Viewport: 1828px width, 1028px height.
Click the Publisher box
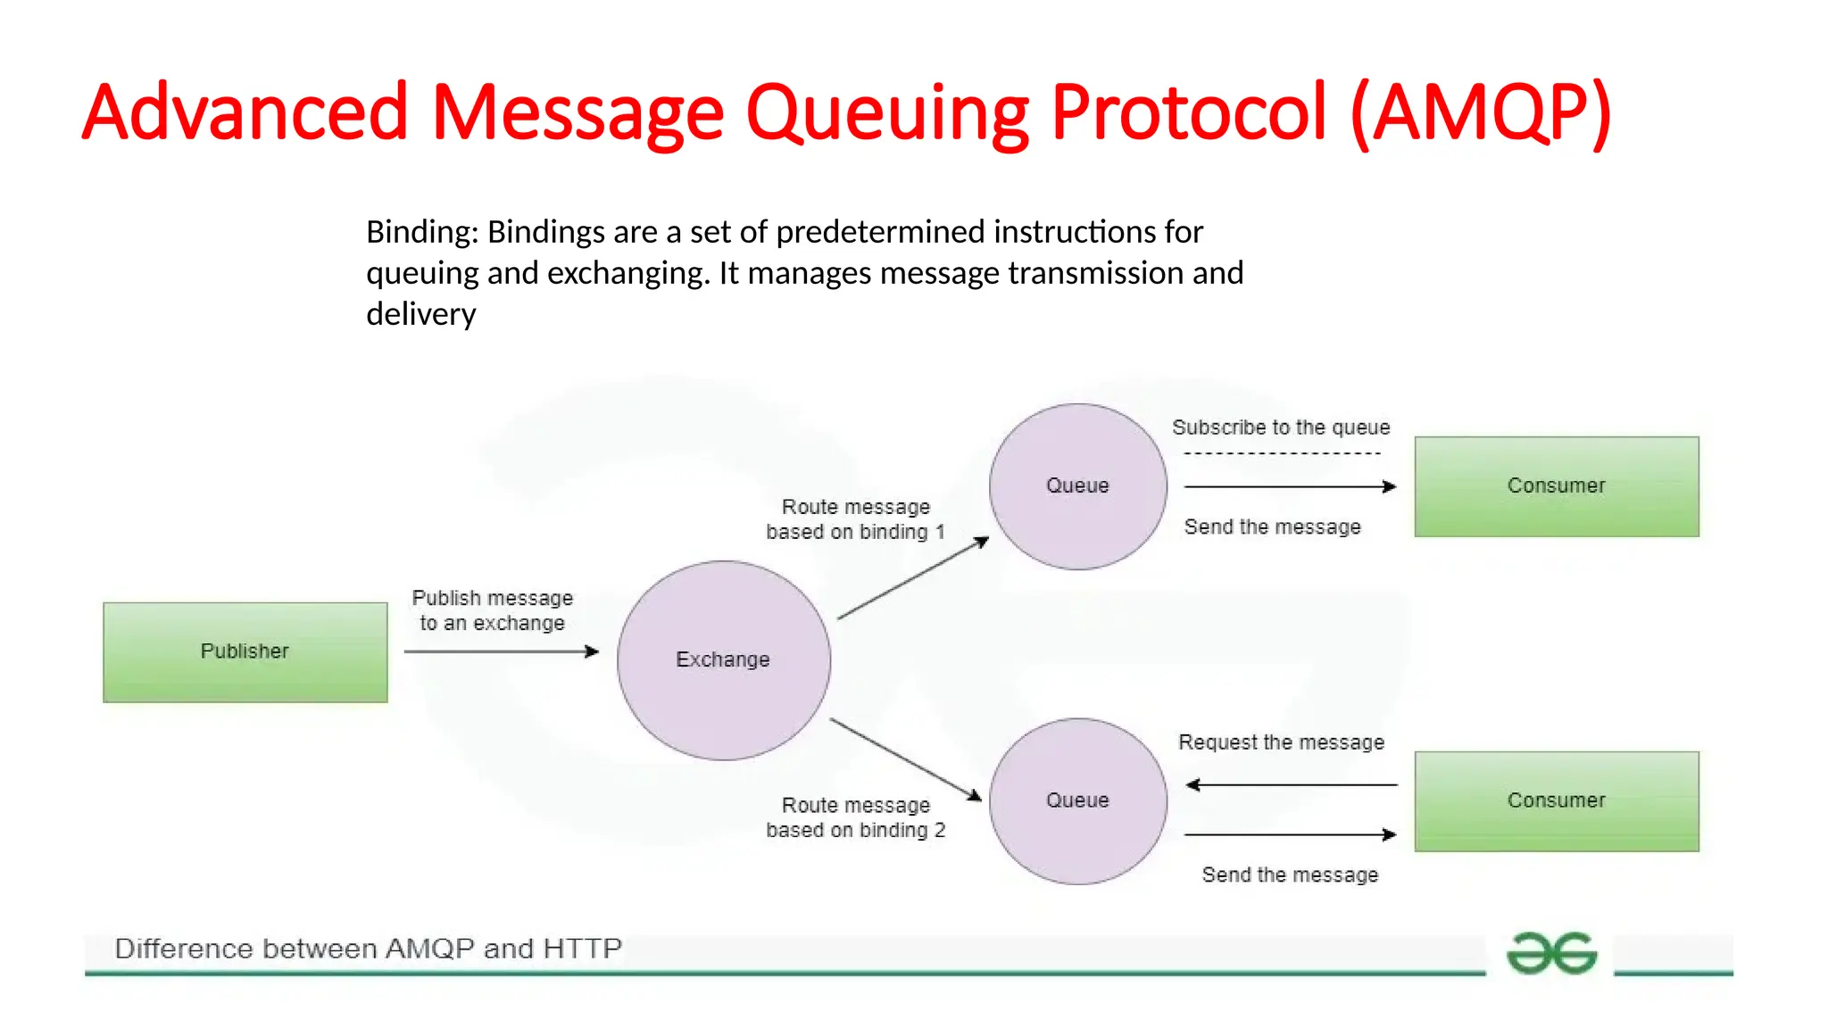[x=245, y=652]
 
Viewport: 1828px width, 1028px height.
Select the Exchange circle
[x=723, y=660]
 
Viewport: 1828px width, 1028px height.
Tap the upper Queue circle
[x=1077, y=486]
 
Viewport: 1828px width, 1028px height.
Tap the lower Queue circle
[x=1077, y=801]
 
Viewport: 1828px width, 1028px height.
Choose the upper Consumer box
[x=1556, y=486]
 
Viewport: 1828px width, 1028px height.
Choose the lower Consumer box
[x=1556, y=801]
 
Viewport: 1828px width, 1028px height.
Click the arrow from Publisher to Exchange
[x=500, y=651]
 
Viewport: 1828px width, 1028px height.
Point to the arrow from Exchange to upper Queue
[x=912, y=578]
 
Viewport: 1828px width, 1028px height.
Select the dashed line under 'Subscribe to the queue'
[x=1282, y=454]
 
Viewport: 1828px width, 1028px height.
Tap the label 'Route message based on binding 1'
[x=855, y=519]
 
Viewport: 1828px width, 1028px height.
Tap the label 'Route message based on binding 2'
[x=855, y=817]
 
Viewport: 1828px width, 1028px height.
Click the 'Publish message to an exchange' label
[x=492, y=610]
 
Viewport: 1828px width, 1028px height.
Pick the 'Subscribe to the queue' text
[x=1281, y=427]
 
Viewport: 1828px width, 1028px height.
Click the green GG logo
[x=1551, y=953]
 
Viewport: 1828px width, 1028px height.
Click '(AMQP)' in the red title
[x=1481, y=113]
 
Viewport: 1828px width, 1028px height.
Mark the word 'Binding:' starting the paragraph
[x=422, y=232]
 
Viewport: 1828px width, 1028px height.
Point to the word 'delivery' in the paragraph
[x=420, y=314]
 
